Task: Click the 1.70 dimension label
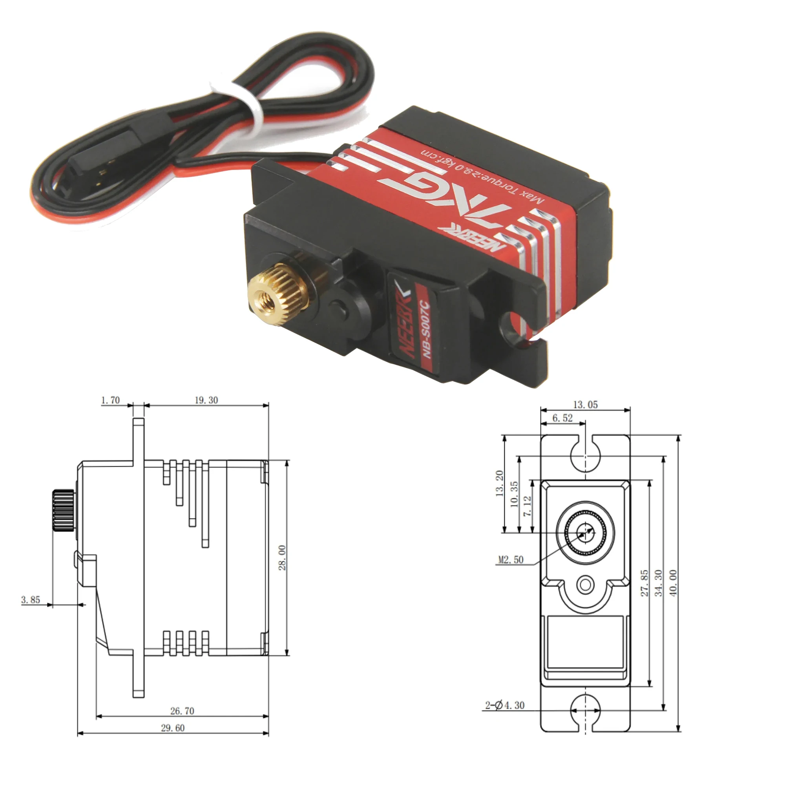click(x=110, y=400)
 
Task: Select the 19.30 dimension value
click(x=206, y=400)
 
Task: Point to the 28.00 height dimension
click(x=282, y=558)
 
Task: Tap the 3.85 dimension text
click(x=31, y=600)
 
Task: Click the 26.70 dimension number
click(x=182, y=711)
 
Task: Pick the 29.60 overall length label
click(x=172, y=728)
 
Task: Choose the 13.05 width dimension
click(x=585, y=405)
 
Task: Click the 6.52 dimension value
click(x=562, y=418)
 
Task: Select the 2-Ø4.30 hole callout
click(x=505, y=705)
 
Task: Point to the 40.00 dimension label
click(x=673, y=583)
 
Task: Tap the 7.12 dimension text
click(x=527, y=506)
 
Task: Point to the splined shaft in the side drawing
click(x=63, y=510)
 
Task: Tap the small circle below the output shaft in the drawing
click(x=586, y=585)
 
